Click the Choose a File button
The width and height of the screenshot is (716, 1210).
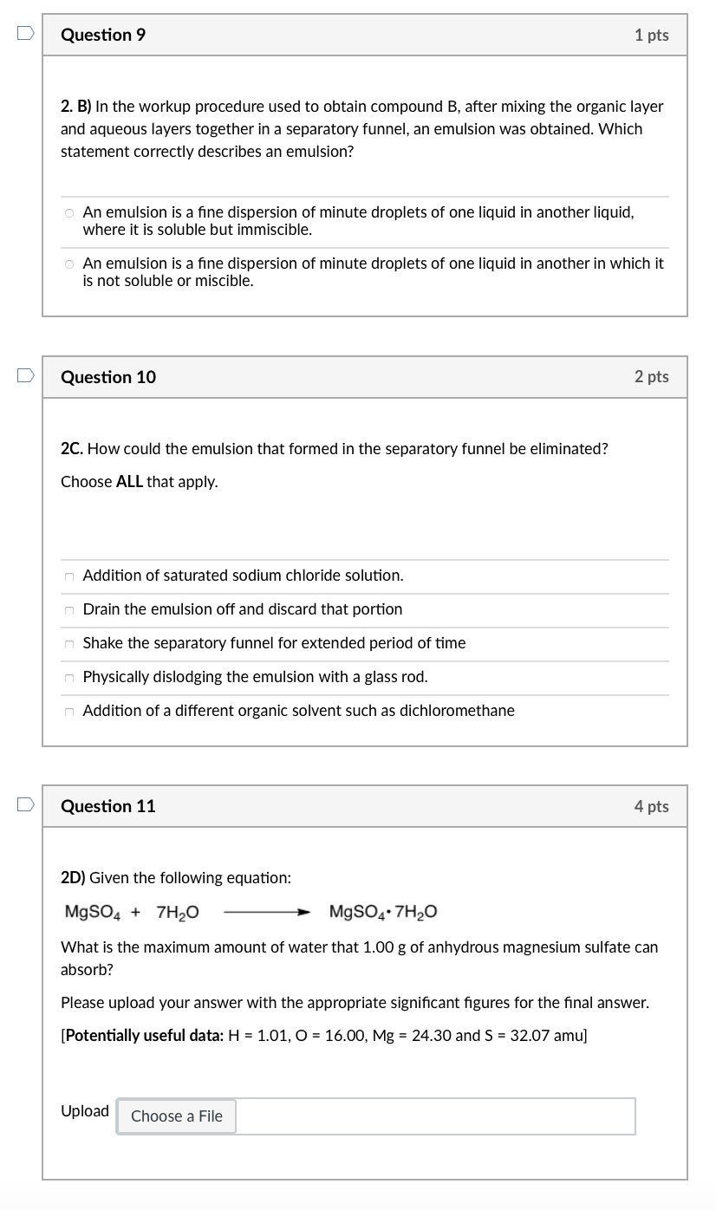pos(177,1116)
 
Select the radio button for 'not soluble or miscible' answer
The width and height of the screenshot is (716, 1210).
pos(68,264)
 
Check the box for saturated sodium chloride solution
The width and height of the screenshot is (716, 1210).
pos(68,576)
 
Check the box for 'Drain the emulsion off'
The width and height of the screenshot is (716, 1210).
pos(68,610)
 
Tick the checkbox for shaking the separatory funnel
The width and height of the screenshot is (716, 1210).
pos(68,644)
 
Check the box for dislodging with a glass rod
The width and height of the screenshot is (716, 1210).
pos(68,678)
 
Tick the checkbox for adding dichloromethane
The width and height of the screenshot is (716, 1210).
pos(68,712)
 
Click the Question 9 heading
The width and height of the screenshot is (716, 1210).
pos(103,36)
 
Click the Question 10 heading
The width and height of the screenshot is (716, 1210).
pos(108,377)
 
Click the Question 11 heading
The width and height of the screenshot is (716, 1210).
pos(108,806)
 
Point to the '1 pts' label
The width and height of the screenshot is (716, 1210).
pos(651,36)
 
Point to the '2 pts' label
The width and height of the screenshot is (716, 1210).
pos(651,377)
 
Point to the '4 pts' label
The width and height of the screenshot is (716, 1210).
pos(651,807)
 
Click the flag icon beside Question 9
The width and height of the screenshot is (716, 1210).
pos(25,34)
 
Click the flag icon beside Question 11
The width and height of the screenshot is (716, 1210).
pos(25,805)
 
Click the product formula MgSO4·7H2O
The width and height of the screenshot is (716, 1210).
pos(383,913)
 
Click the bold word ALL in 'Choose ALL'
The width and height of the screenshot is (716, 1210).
pos(129,482)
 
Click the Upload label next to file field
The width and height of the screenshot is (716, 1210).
pos(85,1111)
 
